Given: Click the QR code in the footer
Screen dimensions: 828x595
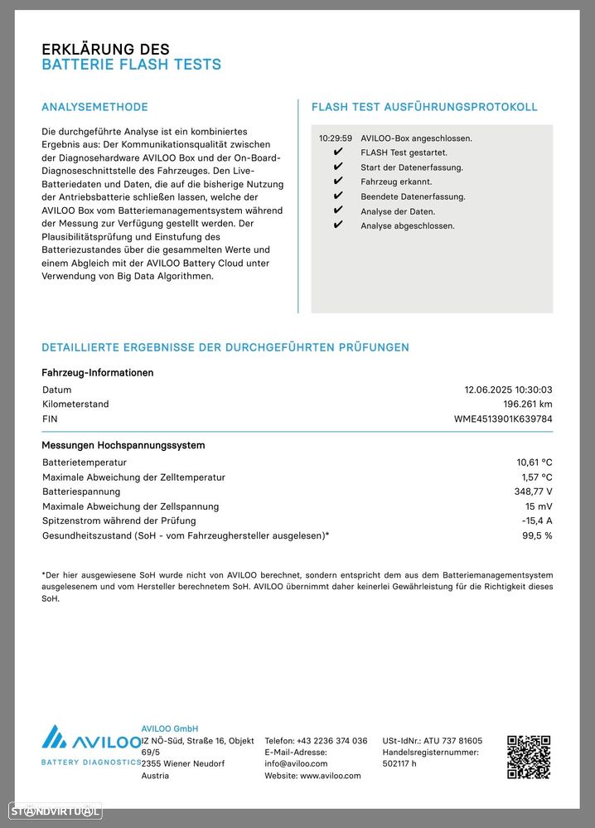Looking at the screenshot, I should click(x=529, y=757).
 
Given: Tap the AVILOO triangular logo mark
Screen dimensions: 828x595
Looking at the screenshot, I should click(x=55, y=738).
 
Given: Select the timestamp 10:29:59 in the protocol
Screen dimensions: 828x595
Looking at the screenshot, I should click(x=336, y=138).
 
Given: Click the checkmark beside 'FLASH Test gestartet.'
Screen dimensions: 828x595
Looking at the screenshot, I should click(x=337, y=153).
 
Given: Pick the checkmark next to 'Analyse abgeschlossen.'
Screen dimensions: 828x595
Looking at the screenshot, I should click(x=337, y=225).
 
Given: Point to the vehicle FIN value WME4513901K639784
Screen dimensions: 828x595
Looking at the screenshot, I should click(x=503, y=419).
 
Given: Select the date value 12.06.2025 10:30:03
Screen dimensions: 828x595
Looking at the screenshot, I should click(x=508, y=390).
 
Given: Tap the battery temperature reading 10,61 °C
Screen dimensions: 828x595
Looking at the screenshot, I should click(x=534, y=462).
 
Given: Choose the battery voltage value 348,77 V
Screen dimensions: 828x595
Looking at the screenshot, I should click(x=533, y=491).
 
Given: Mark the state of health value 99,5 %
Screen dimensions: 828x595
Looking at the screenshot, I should click(x=536, y=535).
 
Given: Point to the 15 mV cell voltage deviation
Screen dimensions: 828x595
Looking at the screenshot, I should click(x=539, y=506).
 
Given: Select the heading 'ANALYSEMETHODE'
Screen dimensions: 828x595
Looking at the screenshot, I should click(x=94, y=107).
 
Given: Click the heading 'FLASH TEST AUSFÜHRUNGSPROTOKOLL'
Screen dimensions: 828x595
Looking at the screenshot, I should click(x=424, y=107).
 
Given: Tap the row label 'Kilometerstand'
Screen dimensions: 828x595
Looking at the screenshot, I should click(x=75, y=404).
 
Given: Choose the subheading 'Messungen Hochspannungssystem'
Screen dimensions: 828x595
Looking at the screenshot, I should click(x=123, y=445).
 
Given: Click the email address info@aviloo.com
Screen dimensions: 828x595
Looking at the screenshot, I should click(x=296, y=764).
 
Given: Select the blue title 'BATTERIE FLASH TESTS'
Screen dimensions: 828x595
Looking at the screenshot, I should click(x=131, y=65).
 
